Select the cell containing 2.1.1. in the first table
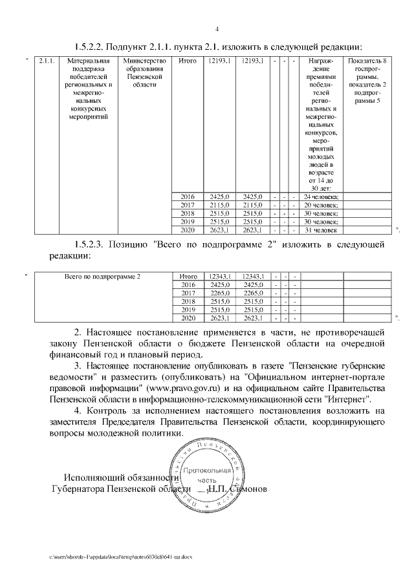pyautogui.click(x=45, y=61)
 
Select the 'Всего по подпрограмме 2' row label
pyautogui.click(x=102, y=276)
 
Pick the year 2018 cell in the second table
pyautogui.click(x=188, y=301)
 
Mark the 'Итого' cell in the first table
pyautogui.click(x=188, y=61)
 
